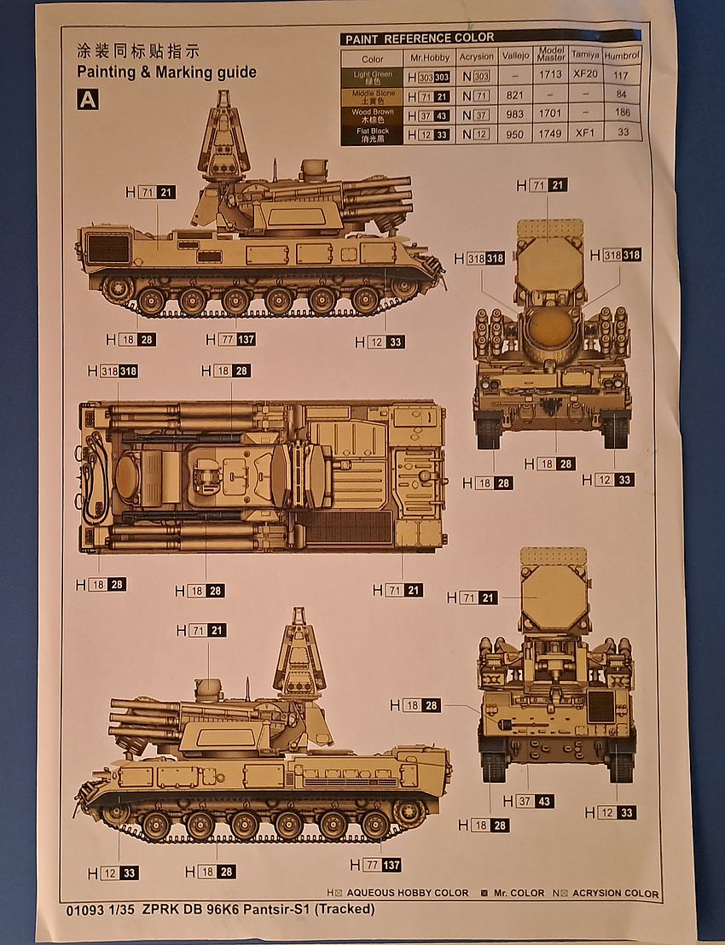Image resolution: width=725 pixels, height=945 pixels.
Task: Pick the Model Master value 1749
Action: point(551,133)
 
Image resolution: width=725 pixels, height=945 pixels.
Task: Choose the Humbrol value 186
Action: point(622,114)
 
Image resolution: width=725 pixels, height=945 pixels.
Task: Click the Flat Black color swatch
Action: point(373,133)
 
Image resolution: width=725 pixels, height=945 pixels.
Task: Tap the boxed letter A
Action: point(88,100)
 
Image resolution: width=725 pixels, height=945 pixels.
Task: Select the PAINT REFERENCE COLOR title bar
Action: point(490,38)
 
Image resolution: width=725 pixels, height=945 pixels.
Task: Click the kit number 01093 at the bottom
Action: point(83,909)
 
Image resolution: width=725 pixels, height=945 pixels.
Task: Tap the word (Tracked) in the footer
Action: point(345,909)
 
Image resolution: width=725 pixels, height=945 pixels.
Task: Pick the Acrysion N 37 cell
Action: point(476,114)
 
